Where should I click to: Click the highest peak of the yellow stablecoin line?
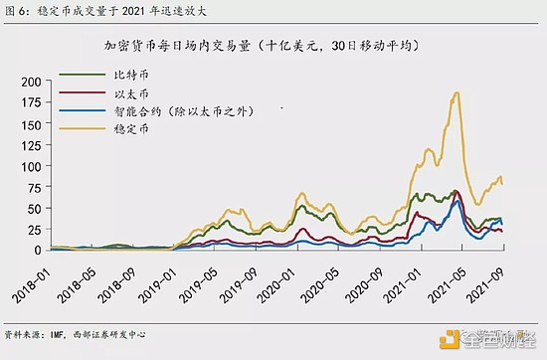[456, 92]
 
